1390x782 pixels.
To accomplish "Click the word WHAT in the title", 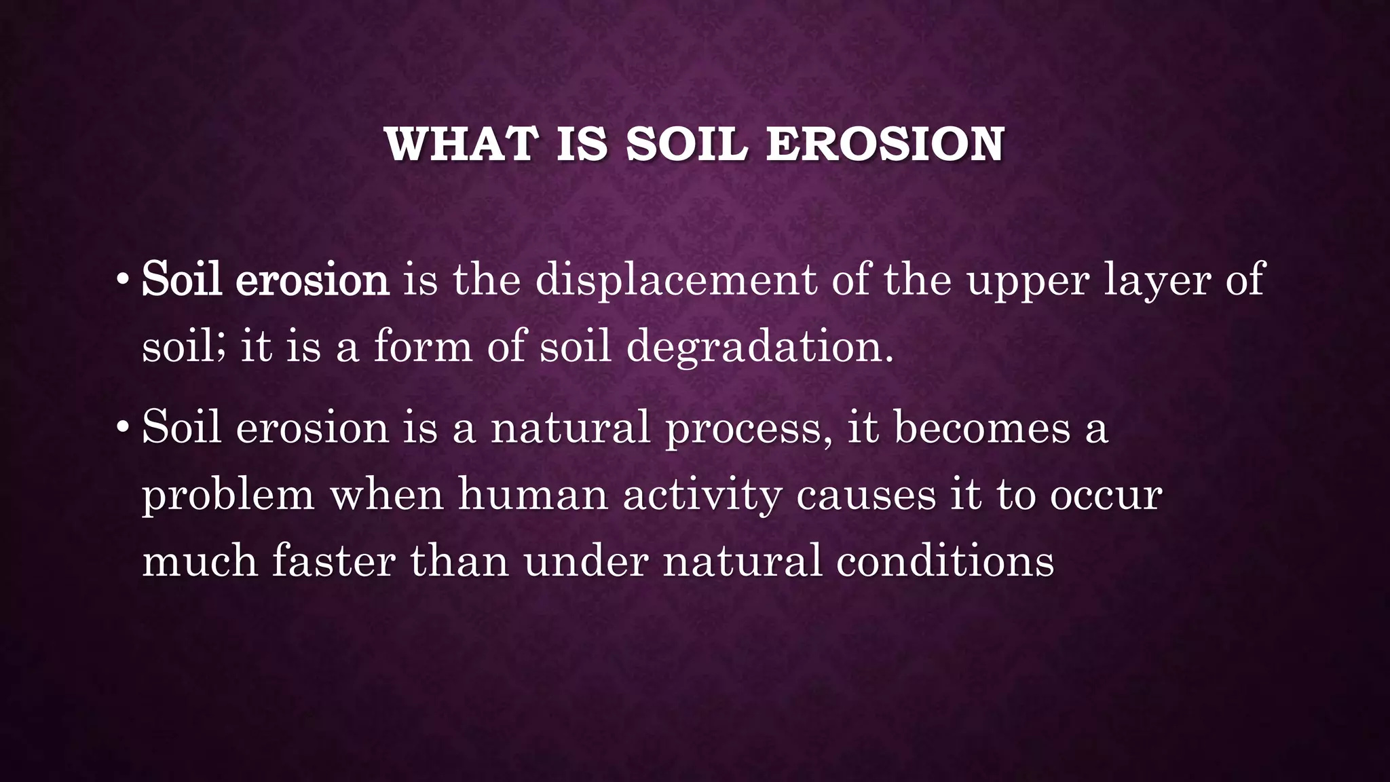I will tap(462, 145).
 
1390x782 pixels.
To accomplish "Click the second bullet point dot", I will tap(123, 428).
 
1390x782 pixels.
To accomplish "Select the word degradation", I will tap(759, 348).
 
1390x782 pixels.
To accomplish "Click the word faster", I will tap(333, 561).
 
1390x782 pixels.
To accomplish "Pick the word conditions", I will tap(945, 561).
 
